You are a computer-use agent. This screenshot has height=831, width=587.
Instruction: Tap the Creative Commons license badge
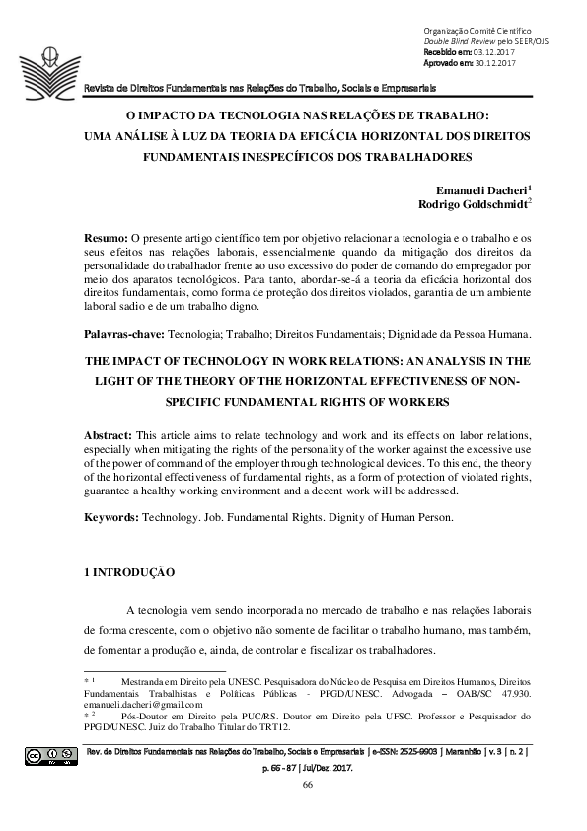(x=51, y=757)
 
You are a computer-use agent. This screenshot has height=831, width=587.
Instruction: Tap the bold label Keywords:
(x=112, y=516)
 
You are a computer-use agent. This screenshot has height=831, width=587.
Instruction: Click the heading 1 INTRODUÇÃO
(x=131, y=571)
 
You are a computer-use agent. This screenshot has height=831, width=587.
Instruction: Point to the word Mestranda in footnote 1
(x=146, y=682)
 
